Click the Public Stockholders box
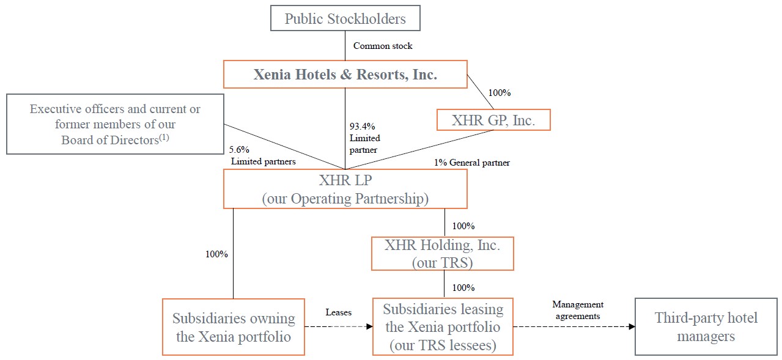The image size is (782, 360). point(345,18)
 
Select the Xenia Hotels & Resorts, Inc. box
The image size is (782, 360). point(345,74)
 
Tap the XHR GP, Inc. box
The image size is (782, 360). point(493,120)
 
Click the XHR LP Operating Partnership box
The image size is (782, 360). point(345,189)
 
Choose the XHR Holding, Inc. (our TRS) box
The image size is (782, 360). point(442,254)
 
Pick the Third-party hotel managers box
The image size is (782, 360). point(706,326)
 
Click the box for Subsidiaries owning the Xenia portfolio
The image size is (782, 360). point(233,326)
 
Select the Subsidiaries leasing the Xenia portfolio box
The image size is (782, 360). point(443,326)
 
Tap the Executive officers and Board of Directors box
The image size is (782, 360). point(115,124)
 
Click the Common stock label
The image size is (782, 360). point(383,46)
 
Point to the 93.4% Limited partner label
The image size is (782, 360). point(365,138)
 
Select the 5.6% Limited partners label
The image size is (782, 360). point(263,155)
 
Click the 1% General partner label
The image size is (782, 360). point(471,163)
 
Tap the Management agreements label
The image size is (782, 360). point(577,310)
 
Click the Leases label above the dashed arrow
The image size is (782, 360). point(338,312)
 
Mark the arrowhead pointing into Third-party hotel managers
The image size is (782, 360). point(631,326)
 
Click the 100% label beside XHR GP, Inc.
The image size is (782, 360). point(499,93)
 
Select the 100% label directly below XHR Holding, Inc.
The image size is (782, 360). point(463,287)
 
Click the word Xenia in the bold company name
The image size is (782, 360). point(275,75)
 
